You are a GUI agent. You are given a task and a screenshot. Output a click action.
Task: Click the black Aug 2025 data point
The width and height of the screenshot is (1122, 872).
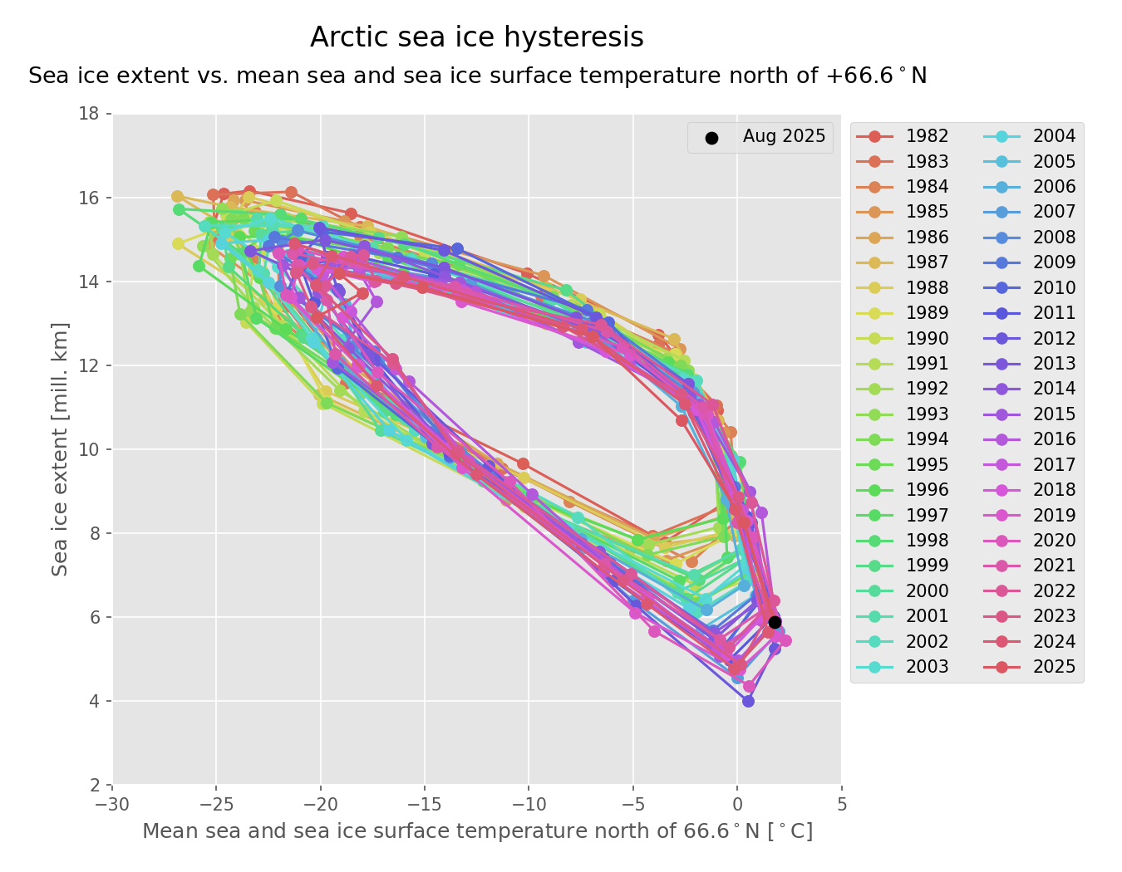[x=775, y=622]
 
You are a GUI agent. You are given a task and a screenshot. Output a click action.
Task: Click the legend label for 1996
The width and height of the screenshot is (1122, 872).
[x=927, y=490]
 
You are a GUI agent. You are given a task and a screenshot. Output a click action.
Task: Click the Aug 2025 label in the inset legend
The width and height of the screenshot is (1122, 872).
[x=784, y=136]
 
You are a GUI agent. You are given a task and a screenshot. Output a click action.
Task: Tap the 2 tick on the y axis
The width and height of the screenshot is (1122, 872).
[x=95, y=785]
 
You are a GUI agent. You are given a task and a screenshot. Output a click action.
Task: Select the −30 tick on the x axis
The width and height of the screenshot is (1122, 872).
[x=112, y=804]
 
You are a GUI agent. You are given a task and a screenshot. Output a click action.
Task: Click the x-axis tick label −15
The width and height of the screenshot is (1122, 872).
[x=425, y=804]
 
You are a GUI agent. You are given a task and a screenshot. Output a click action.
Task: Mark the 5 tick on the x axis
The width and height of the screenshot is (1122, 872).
[x=841, y=804]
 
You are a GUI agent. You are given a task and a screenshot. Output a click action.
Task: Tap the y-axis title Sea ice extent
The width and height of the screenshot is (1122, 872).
[x=60, y=448]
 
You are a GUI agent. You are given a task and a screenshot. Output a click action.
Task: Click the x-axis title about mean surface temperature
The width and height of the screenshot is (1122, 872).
[x=477, y=831]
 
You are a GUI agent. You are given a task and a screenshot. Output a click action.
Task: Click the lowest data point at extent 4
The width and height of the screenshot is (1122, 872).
[x=748, y=701]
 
